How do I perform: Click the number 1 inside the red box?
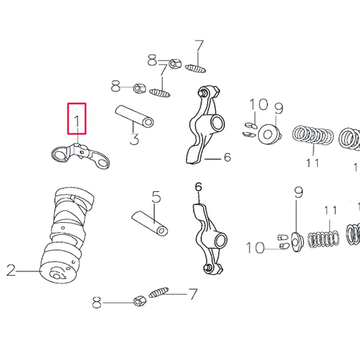point(77,122)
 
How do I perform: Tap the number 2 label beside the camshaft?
point(11,270)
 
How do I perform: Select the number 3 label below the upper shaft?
point(134,139)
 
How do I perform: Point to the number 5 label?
point(156,197)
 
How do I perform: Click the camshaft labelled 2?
point(67,235)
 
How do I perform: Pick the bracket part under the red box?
point(80,155)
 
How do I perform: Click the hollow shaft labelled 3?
point(134,117)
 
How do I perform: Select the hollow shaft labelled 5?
point(150,224)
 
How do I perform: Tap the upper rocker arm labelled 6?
point(205,124)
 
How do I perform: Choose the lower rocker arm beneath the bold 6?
point(210,238)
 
